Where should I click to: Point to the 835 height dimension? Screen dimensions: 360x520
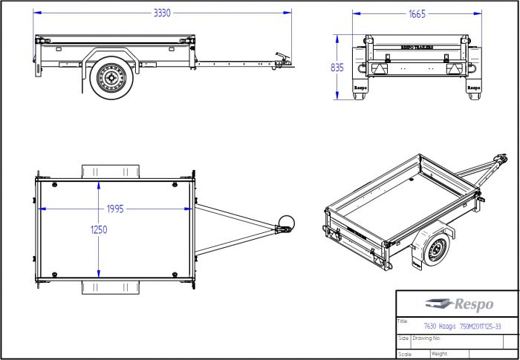337,67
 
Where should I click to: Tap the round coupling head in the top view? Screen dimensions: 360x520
286,223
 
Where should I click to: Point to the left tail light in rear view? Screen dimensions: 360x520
380,68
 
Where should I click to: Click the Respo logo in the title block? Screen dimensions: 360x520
455,303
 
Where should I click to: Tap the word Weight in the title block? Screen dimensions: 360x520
439,353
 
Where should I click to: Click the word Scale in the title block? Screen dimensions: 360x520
404,353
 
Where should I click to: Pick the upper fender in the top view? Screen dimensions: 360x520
110,171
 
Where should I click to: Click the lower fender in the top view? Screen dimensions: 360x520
110,287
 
